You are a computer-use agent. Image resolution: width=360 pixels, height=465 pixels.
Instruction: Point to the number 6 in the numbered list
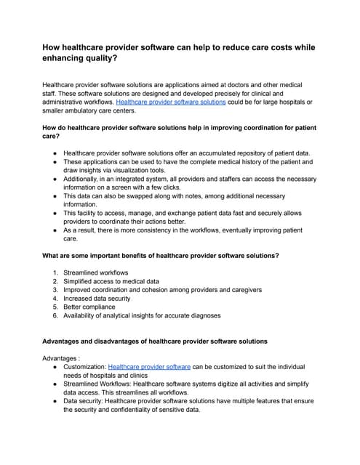pyautogui.click(x=55, y=315)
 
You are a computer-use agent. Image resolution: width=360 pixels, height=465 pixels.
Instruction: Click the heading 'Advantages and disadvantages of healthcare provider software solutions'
pyautogui.click(x=155, y=341)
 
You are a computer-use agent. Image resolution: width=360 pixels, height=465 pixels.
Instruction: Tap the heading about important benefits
pyautogui.click(x=161, y=256)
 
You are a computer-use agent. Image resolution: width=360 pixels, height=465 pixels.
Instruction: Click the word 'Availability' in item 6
pyautogui.click(x=81, y=315)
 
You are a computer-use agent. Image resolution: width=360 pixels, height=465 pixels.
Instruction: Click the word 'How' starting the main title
pyautogui.click(x=53, y=48)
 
